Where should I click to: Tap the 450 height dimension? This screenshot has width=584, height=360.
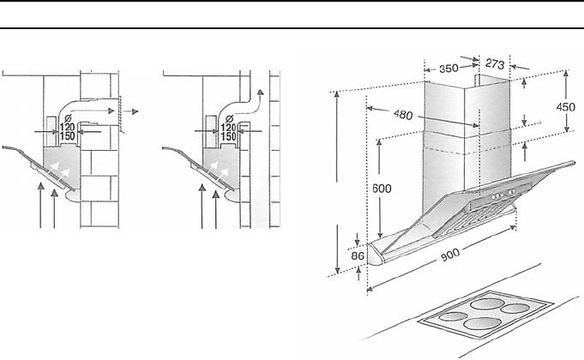pos(566,107)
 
